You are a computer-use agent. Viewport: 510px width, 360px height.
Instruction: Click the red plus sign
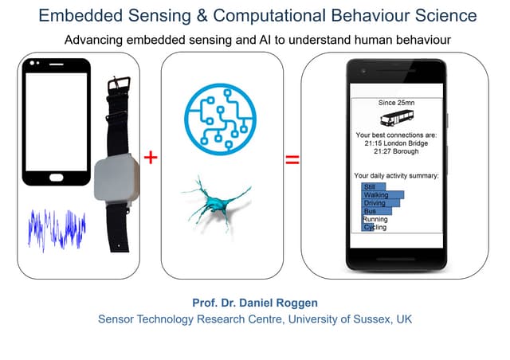pyautogui.click(x=151, y=158)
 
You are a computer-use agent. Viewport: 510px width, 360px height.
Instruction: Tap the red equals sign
pyautogui.click(x=292, y=159)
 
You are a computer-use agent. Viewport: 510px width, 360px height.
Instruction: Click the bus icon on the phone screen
pyautogui.click(x=397, y=117)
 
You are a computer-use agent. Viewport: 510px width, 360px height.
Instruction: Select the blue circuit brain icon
pyautogui.click(x=221, y=119)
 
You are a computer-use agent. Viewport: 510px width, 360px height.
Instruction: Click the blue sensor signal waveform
pyautogui.click(x=57, y=229)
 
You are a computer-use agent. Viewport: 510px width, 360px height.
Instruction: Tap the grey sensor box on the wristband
pyautogui.click(x=116, y=179)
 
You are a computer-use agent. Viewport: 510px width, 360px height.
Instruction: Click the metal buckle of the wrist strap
pyautogui.click(x=119, y=84)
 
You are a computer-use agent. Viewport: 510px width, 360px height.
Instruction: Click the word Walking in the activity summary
pyautogui.click(x=376, y=195)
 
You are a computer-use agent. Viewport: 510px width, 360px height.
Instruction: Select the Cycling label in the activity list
pyautogui.click(x=375, y=227)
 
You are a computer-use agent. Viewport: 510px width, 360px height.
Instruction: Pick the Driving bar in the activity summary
pyautogui.click(x=381, y=203)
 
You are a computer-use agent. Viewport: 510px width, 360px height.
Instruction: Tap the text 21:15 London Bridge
pyautogui.click(x=396, y=143)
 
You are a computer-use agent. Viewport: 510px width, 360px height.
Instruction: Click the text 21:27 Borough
pyautogui.click(x=396, y=151)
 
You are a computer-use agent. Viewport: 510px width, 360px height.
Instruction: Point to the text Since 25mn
pyautogui.click(x=396, y=103)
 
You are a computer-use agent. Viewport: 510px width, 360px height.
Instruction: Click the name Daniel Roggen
pyautogui.click(x=278, y=303)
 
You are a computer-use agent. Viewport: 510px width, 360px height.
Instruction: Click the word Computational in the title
pyautogui.click(x=269, y=16)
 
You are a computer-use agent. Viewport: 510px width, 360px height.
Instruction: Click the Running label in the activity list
pyautogui.click(x=375, y=219)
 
